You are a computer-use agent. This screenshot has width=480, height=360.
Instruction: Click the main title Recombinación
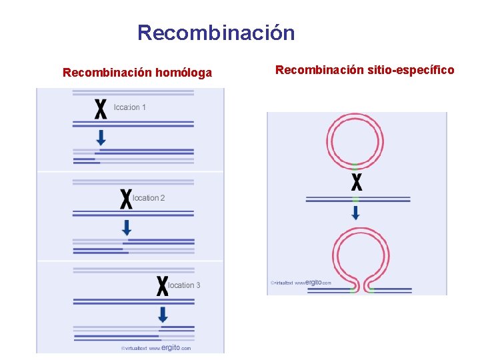(216, 33)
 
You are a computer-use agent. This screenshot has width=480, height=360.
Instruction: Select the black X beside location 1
(101, 109)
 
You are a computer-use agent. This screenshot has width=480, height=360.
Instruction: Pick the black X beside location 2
(125, 199)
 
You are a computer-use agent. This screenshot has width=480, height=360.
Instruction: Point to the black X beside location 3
(162, 286)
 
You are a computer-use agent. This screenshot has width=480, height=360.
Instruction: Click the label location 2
(149, 198)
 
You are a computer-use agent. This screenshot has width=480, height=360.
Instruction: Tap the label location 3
(184, 285)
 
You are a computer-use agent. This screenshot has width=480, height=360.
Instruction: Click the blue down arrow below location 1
(101, 137)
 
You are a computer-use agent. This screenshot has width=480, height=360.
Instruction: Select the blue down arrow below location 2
(126, 227)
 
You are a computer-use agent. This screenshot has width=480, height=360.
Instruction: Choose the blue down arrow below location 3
(163, 314)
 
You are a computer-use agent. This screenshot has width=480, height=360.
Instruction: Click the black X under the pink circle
(356, 182)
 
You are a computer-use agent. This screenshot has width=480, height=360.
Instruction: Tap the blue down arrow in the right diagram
(355, 213)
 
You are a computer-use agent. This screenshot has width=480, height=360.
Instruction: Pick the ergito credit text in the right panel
(301, 283)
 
